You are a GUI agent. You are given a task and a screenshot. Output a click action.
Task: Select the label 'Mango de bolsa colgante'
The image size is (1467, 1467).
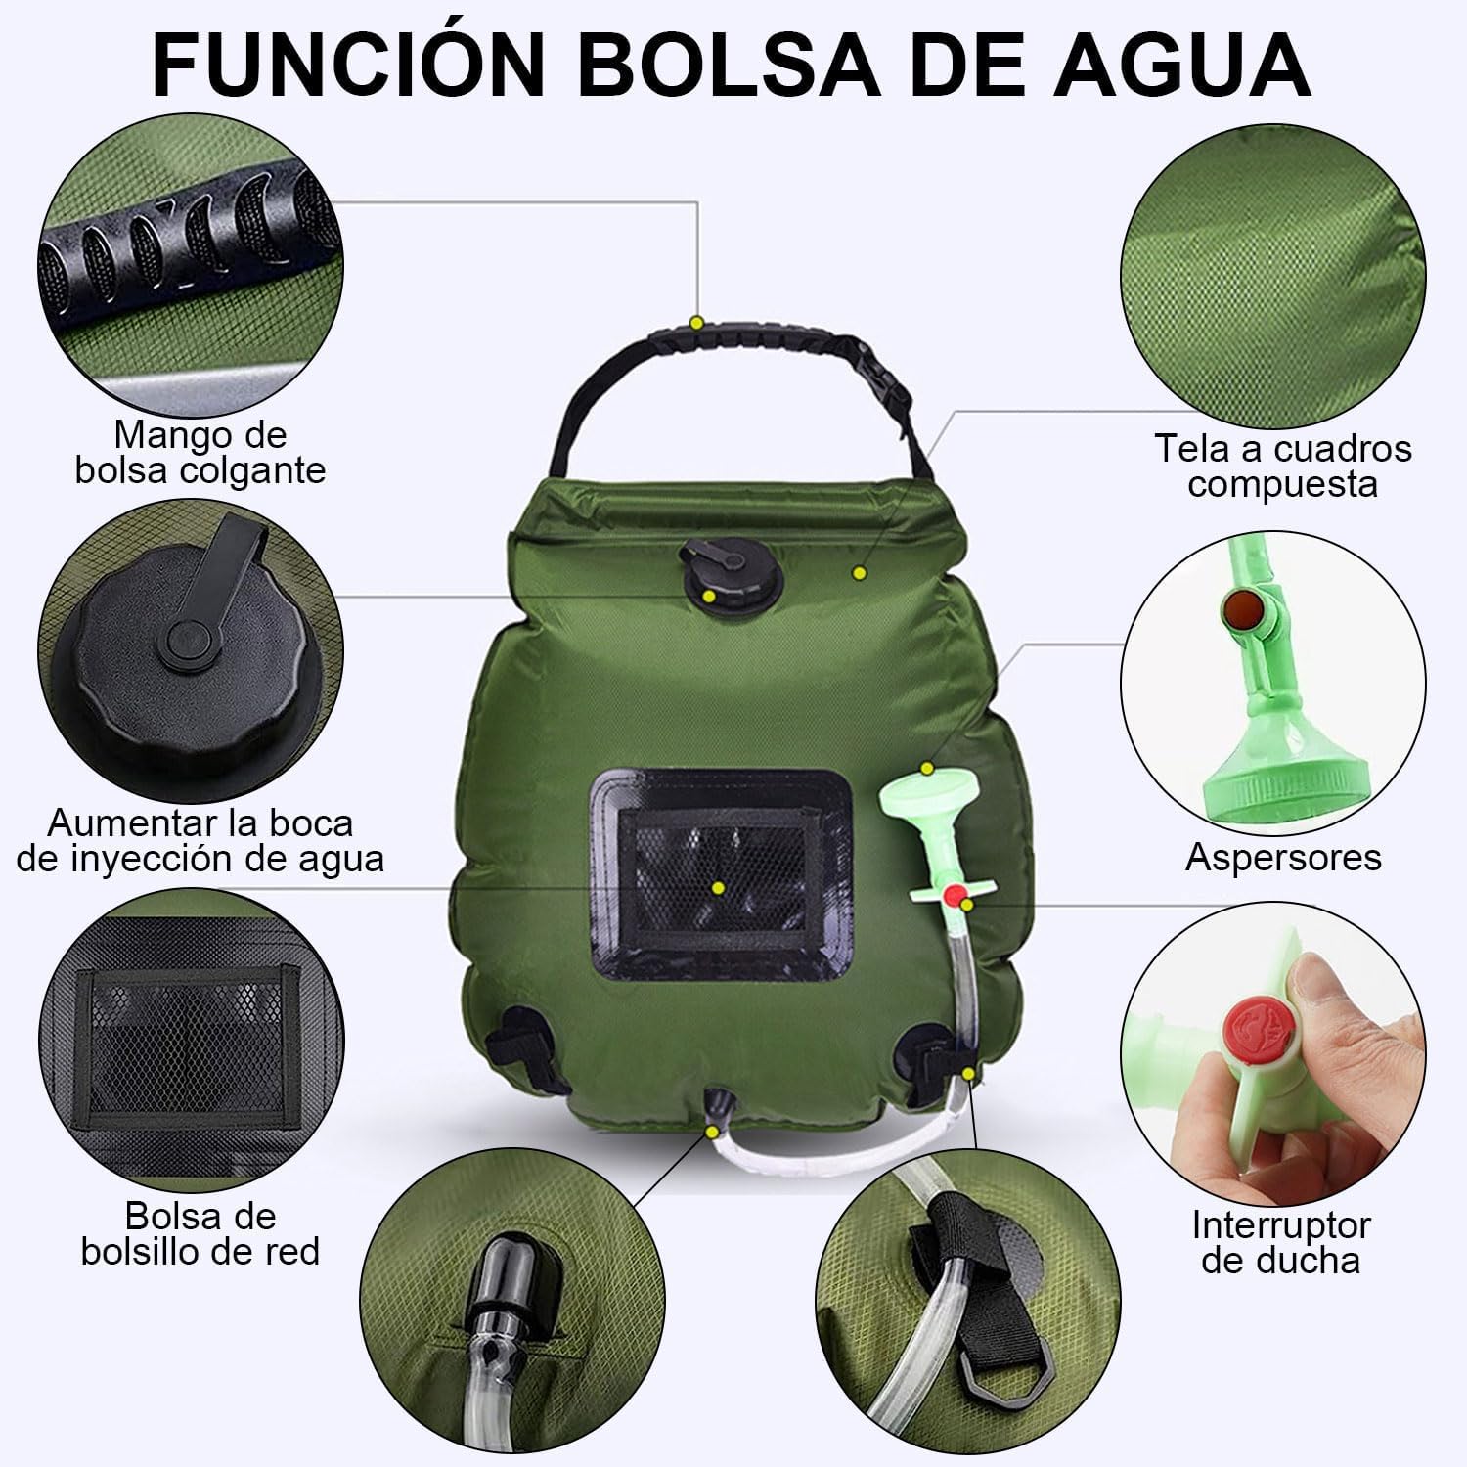200,452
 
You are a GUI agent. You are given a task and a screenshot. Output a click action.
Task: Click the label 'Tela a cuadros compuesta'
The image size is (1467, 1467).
1283,466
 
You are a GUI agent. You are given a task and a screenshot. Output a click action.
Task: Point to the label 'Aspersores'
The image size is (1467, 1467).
1283,858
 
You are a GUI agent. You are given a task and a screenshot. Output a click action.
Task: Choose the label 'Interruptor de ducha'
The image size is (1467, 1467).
1281,1242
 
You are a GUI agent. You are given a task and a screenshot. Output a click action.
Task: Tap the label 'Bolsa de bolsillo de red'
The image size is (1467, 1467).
200,1234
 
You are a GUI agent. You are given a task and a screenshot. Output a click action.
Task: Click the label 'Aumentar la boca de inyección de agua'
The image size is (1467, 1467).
200,841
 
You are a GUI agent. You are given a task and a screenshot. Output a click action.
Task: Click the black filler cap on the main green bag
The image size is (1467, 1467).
721,574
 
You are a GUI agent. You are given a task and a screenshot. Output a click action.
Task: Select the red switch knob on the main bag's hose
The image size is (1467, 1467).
954,896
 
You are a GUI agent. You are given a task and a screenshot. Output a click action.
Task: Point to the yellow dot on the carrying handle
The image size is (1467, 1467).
696,322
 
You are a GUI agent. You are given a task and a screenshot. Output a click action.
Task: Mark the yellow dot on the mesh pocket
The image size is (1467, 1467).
718,888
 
